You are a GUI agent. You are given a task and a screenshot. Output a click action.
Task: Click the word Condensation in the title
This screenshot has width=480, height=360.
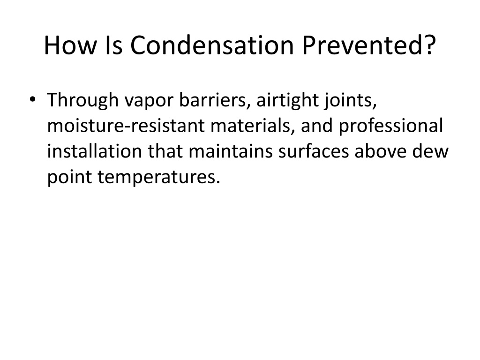tap(212, 45)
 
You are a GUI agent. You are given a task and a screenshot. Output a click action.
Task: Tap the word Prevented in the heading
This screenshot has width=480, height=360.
tap(363, 45)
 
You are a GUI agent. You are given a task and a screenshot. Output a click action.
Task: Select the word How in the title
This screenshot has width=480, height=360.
tap(70, 45)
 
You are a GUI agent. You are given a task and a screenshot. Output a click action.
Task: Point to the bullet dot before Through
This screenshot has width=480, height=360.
tap(32, 99)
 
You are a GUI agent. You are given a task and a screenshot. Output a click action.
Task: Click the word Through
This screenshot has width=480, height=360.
tap(82, 100)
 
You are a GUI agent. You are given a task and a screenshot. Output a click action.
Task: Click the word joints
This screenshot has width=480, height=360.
tap(351, 100)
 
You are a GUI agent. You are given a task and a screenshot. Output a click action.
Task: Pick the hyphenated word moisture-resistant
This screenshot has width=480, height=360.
tap(126, 126)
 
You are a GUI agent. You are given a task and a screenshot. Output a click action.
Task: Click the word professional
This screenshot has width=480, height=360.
tap(390, 126)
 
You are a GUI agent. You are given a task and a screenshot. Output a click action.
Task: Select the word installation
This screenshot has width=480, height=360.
tap(95, 151)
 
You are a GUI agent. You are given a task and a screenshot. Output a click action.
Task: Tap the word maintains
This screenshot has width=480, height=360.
tap(231, 151)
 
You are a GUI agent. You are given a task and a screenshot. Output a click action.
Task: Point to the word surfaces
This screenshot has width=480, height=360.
tap(314, 151)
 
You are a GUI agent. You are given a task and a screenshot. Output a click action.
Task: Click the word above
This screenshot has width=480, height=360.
tap(381, 151)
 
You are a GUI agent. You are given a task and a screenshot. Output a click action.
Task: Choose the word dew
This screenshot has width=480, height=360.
tap(430, 151)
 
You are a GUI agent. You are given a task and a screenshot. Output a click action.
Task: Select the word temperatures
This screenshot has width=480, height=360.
tap(159, 177)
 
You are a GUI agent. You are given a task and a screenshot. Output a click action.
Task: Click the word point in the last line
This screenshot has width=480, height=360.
tap(69, 177)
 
